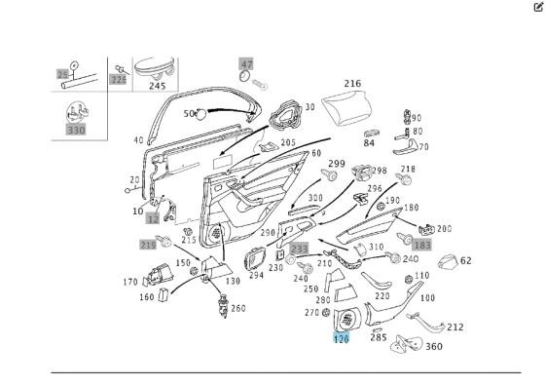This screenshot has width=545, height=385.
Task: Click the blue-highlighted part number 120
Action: coord(341,337)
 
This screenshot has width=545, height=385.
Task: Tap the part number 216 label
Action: coord(352,84)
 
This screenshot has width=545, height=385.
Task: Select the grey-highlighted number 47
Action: coord(246,64)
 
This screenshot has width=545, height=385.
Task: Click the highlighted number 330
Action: coord(76,131)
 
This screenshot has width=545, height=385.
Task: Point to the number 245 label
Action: coord(157,86)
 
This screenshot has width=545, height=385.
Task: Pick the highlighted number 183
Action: coord(422,245)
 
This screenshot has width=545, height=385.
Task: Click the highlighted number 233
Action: coord(300,249)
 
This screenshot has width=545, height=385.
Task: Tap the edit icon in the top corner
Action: coord(538,7)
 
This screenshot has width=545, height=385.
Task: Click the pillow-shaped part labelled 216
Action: coord(346,106)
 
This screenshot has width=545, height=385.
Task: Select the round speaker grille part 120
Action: coord(347,319)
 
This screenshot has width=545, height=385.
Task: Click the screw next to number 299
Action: coord(329,174)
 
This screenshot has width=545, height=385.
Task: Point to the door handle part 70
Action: coord(406,147)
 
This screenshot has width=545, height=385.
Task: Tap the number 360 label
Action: coord(434,346)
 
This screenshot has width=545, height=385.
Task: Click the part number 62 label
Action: coord(466,260)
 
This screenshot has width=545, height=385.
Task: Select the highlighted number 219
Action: coord(148,245)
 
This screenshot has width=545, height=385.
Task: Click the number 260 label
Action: coord(238,308)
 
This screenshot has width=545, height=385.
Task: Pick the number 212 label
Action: coord(455,327)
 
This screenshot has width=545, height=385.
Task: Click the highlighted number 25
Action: coord(62,74)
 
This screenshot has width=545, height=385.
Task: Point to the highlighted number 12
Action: coord(153,218)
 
